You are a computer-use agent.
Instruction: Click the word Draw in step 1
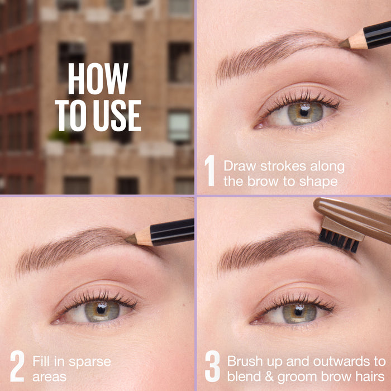[239, 166]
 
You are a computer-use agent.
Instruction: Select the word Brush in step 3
[244, 361]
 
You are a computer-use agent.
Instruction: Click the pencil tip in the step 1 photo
[344, 43]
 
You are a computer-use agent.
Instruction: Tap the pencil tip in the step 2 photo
[130, 239]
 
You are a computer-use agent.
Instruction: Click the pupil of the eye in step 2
[102, 308]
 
